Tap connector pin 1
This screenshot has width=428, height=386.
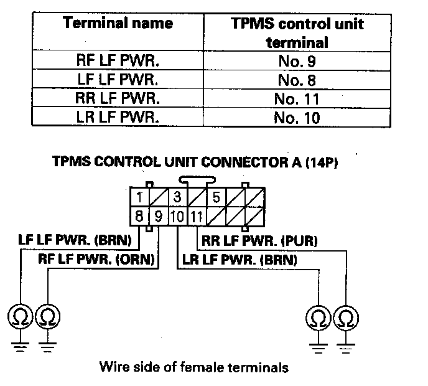[141, 198]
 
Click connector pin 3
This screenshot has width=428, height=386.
[177, 198]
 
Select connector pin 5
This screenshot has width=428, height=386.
[216, 198]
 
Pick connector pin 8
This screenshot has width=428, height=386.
[141, 217]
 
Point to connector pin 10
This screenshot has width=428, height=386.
[177, 217]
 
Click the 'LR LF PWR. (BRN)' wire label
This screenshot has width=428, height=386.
[238, 258]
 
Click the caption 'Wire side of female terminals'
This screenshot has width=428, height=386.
[193, 367]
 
